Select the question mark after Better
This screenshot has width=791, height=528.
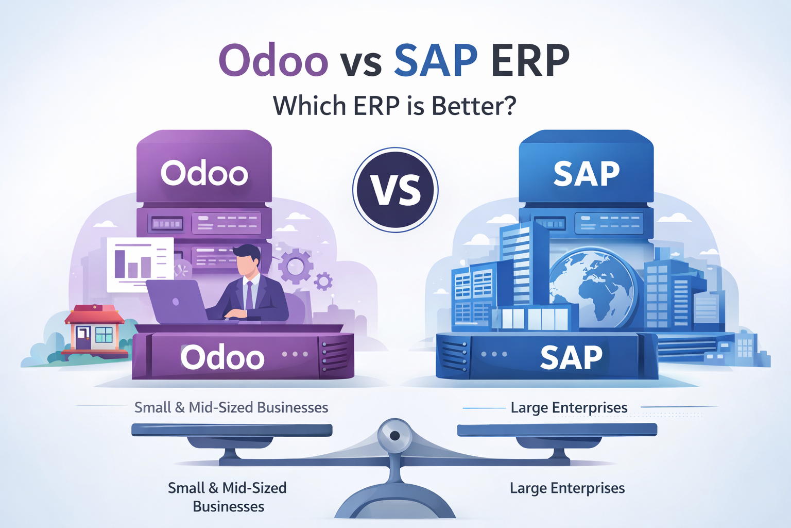(509, 105)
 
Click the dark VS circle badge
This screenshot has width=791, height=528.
(395, 190)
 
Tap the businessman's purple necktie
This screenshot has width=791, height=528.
(250, 295)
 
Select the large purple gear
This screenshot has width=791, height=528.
(295, 266)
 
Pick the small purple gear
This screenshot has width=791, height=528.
(323, 282)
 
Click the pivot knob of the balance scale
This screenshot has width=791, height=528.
(394, 436)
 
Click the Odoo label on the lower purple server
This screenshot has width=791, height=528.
(222, 357)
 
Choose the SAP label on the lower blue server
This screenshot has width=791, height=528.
(571, 357)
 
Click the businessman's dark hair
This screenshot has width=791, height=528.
(247, 253)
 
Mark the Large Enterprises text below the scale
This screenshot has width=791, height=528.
(567, 488)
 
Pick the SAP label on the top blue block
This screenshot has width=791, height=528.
(586, 174)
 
